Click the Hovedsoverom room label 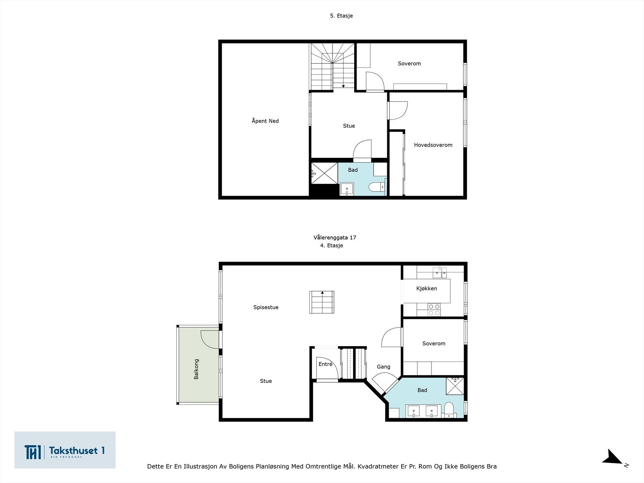tap(433, 145)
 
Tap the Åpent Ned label tap(265, 121)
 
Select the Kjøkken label tap(427, 288)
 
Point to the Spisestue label tap(266, 308)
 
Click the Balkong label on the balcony tap(196, 369)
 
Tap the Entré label tap(325, 364)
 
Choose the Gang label tap(384, 367)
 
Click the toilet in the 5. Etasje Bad tap(377, 187)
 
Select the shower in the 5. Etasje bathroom tap(324, 173)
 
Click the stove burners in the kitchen tap(434, 310)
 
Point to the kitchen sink tap(440, 272)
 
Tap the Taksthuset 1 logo tap(65, 450)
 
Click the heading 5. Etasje tap(341, 16)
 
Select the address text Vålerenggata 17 tap(335, 237)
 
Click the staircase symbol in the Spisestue tap(322, 302)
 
